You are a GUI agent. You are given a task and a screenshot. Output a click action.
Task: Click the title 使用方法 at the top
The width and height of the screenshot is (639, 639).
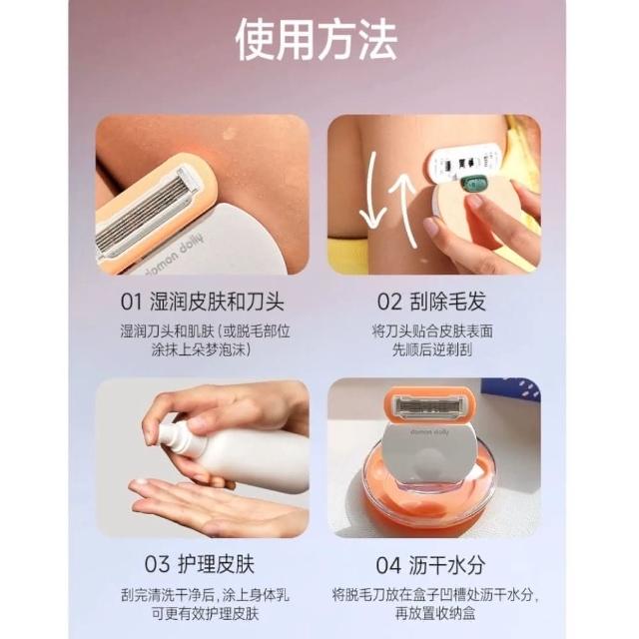click(317, 40)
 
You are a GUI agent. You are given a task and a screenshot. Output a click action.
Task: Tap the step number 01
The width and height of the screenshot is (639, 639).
click(131, 302)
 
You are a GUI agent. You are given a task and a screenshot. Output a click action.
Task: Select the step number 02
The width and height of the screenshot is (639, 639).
click(389, 302)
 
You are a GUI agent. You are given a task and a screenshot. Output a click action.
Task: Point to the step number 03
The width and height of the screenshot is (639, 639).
click(157, 564)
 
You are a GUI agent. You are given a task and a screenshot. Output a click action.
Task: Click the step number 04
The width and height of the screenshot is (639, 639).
click(388, 565)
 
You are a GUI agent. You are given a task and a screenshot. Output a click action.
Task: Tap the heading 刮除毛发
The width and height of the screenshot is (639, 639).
click(447, 302)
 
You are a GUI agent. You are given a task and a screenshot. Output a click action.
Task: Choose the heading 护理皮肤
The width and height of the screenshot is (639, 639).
click(216, 564)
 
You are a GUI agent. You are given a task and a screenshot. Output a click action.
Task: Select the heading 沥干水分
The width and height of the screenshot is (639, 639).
click(447, 565)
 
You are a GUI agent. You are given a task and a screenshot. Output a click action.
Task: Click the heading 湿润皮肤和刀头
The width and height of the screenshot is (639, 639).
click(217, 302)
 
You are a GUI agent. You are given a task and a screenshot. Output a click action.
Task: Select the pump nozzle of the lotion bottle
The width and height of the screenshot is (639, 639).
click(171, 439)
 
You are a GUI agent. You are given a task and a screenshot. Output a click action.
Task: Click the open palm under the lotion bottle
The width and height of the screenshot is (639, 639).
click(212, 505)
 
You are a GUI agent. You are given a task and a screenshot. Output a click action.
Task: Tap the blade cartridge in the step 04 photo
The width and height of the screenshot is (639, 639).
click(429, 406)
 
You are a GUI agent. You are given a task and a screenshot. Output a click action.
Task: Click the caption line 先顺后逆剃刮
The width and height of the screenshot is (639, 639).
click(432, 349)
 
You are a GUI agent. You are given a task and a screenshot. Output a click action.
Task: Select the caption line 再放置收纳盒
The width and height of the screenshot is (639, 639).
click(435, 613)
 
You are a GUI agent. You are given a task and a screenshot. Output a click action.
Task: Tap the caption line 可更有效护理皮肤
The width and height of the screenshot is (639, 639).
click(206, 613)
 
